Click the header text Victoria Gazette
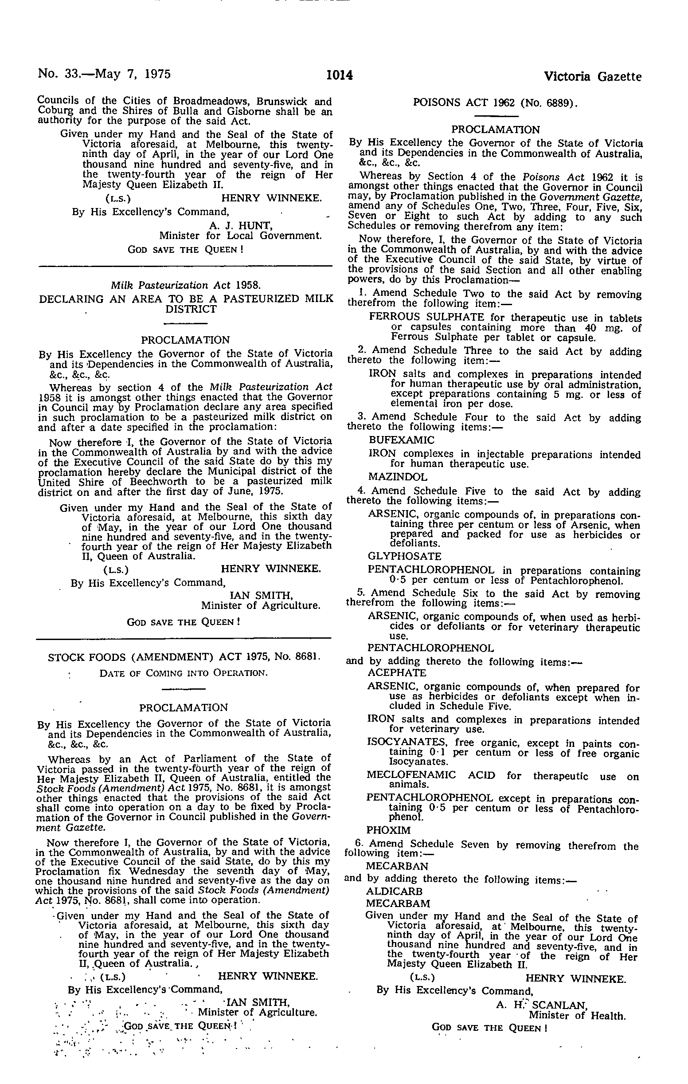pyautogui.click(x=593, y=77)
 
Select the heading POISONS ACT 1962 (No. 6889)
pyautogui.click(x=496, y=102)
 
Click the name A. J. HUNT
pyautogui.click(x=241, y=224)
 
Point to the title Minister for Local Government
pyautogui.click(x=240, y=236)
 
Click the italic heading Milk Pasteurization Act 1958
pyautogui.click(x=185, y=285)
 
